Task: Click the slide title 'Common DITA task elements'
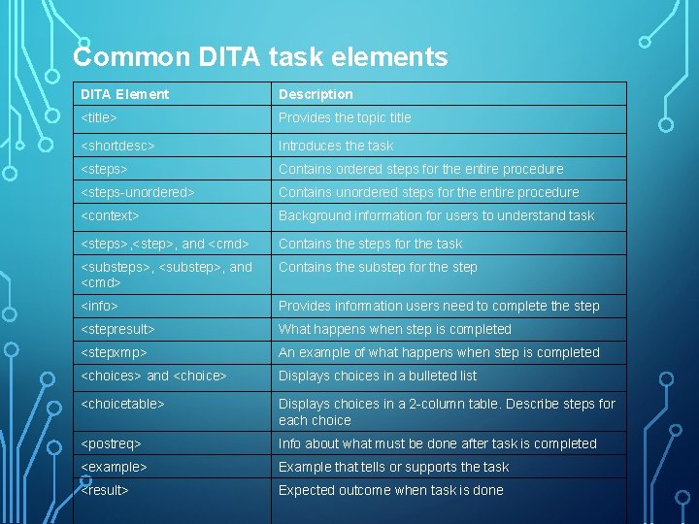[x=260, y=57]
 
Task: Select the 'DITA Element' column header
[x=124, y=94]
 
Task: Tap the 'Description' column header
[x=316, y=94]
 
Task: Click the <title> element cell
[x=99, y=117]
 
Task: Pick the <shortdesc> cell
[x=117, y=146]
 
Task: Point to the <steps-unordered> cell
[x=138, y=192]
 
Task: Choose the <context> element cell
[x=110, y=215]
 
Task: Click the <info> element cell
[x=99, y=306]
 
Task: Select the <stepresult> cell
[x=117, y=329]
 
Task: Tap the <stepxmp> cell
[x=114, y=352]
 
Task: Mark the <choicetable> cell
[x=122, y=404]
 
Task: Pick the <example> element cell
[x=114, y=467]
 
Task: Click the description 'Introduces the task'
[x=336, y=146]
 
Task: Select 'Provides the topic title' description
[x=345, y=117]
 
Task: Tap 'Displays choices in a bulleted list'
[x=378, y=376]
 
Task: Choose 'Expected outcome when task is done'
[x=390, y=490]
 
